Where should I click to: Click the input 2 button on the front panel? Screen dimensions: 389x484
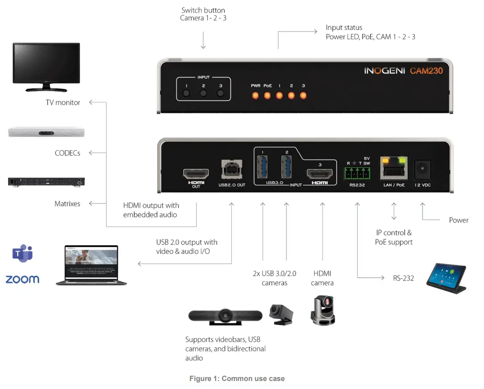(203, 93)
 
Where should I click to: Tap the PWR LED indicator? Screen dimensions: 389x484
(256, 95)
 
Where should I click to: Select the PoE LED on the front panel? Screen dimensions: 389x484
(267, 95)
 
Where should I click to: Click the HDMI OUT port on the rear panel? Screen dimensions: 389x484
(196, 173)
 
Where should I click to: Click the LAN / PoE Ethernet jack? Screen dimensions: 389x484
(394, 169)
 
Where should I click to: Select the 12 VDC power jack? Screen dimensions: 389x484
(422, 170)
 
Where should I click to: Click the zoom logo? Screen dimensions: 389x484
(22, 280)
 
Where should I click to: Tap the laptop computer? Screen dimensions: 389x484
(91, 265)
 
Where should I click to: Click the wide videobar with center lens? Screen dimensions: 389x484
(227, 315)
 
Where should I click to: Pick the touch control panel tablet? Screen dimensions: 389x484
(446, 278)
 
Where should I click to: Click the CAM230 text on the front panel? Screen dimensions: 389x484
(426, 71)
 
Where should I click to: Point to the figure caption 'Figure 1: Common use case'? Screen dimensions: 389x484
(237, 379)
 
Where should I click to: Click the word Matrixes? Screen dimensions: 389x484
(67, 204)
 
